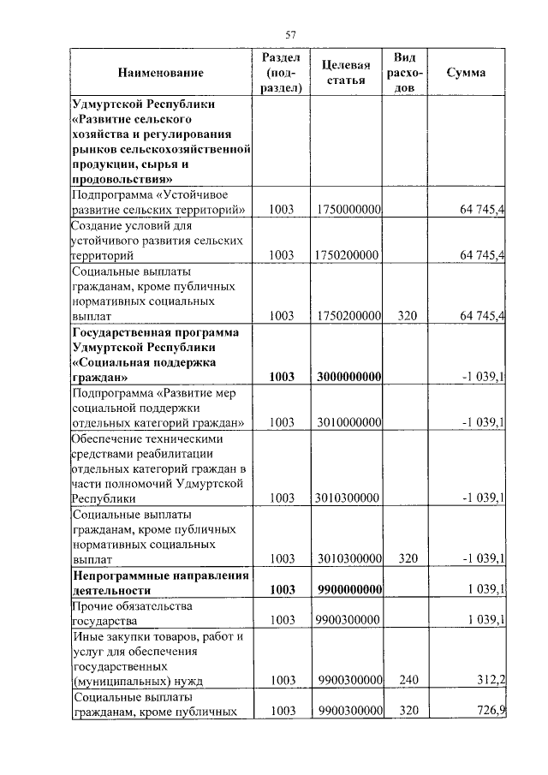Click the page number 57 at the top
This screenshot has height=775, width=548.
click(x=289, y=34)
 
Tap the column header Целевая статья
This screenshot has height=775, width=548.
click(x=346, y=73)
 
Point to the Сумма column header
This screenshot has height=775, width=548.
click(x=466, y=73)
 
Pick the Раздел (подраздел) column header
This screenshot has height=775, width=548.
click(x=281, y=73)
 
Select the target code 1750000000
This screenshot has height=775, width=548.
click(x=348, y=210)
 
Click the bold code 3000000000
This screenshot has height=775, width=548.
click(x=348, y=377)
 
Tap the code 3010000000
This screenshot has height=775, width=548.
click(x=348, y=422)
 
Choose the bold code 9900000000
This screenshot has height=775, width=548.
click(x=348, y=590)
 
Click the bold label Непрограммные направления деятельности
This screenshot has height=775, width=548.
click(x=160, y=582)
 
